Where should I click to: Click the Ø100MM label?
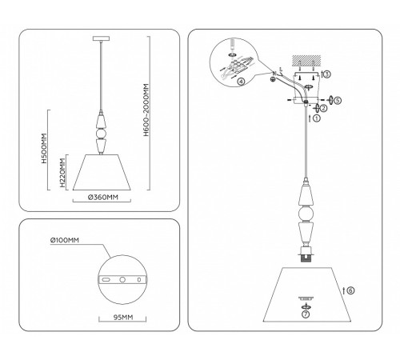tap(65, 240)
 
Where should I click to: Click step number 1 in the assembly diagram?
tap(316, 118)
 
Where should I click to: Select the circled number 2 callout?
tap(322, 108)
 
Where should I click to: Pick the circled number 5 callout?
tap(338, 102)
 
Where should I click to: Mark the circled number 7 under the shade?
tap(304, 314)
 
